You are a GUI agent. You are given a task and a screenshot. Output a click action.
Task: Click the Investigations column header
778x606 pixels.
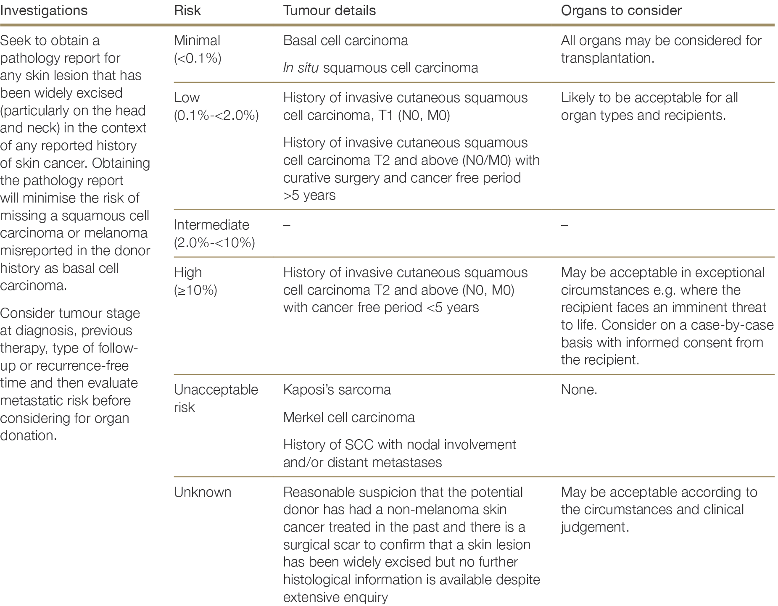pyautogui.click(x=44, y=11)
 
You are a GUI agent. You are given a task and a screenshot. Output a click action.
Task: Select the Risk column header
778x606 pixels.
pyautogui.click(x=187, y=11)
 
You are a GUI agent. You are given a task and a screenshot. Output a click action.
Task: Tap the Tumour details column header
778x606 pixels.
pyautogui.click(x=329, y=11)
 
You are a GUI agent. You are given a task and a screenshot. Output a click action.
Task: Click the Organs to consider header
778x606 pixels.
pyautogui.click(x=621, y=11)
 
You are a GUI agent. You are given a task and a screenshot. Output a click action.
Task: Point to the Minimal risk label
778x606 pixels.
pyautogui.click(x=197, y=40)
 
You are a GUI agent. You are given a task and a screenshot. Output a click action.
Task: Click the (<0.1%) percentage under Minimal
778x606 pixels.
pyautogui.click(x=197, y=58)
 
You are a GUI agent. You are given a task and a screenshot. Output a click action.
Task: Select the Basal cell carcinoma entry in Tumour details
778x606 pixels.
pyautogui.click(x=345, y=40)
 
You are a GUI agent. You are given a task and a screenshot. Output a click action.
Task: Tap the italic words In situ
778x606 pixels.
pyautogui.click(x=301, y=68)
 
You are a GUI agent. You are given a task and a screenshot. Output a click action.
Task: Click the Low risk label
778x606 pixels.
pyautogui.click(x=187, y=97)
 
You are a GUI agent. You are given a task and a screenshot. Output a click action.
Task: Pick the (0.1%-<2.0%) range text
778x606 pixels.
pyautogui.click(x=216, y=115)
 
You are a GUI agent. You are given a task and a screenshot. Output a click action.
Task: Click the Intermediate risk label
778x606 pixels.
pyautogui.click(x=211, y=225)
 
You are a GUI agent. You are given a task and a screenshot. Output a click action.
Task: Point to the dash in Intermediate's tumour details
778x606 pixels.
pyautogui.click(x=287, y=225)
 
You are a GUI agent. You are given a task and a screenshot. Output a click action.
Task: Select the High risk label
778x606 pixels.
pyautogui.click(x=188, y=272)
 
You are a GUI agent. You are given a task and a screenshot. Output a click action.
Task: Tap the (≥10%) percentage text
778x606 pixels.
pyautogui.click(x=195, y=290)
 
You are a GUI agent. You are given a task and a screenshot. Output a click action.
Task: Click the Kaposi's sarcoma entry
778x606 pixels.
pyautogui.click(x=337, y=390)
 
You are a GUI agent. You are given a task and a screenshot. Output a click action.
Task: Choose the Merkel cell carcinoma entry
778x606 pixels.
pyautogui.click(x=349, y=417)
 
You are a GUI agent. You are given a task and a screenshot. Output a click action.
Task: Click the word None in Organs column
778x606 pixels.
pyautogui.click(x=579, y=390)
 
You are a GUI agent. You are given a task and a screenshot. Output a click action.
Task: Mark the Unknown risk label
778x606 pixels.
pyautogui.click(x=202, y=492)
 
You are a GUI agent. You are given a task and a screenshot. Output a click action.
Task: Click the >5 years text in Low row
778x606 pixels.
pyautogui.click(x=309, y=195)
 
